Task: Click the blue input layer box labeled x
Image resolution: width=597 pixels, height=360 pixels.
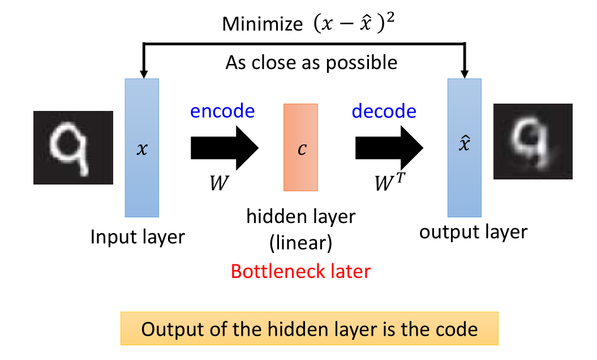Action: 141,147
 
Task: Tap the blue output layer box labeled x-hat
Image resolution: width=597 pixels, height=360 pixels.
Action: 465,147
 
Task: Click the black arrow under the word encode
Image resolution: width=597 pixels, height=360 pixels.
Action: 224,148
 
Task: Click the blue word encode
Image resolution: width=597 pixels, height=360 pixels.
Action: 222,111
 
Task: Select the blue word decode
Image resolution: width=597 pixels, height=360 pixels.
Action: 384,111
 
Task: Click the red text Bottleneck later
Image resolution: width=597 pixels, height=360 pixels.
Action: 300,271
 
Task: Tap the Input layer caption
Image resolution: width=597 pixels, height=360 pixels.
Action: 138,236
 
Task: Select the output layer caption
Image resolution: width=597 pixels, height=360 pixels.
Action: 473,232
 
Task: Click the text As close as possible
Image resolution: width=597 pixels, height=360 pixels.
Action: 311,62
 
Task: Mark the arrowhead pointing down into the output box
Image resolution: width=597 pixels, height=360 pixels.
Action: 465,73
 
